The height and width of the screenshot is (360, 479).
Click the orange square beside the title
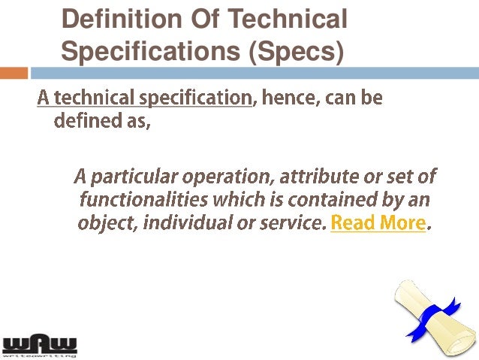point(14,73)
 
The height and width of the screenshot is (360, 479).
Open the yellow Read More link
point(378,223)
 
